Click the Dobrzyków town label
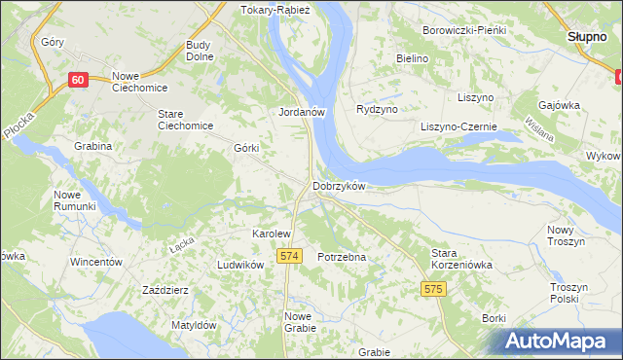point(338,186)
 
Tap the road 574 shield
point(287,255)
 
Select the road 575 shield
point(434,289)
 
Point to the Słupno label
point(587,36)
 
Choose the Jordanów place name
point(301,112)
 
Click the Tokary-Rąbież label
point(275,11)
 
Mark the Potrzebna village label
point(342,257)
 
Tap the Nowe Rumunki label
point(74,199)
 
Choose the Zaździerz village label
point(165,290)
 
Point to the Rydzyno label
point(378,110)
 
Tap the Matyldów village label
point(193,325)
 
